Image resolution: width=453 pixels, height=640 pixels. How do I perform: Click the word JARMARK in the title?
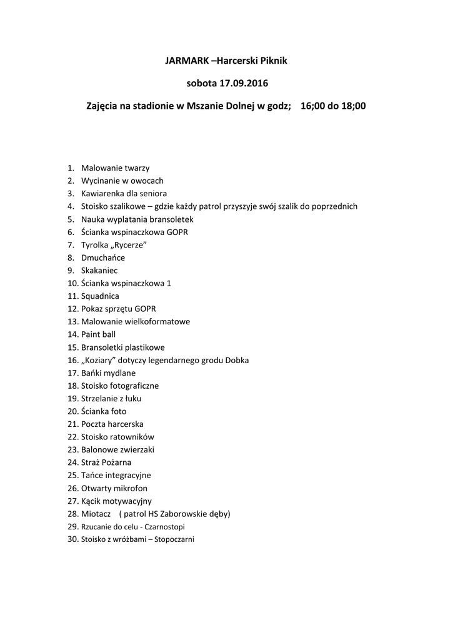(x=186, y=61)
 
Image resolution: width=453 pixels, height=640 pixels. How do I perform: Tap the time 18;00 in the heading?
(x=351, y=106)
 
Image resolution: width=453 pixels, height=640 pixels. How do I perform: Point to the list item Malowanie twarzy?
(x=115, y=168)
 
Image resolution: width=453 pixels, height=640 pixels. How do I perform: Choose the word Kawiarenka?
(x=104, y=194)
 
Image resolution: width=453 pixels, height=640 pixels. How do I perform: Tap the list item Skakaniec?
(x=99, y=271)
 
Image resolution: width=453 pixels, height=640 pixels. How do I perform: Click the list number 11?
(x=72, y=296)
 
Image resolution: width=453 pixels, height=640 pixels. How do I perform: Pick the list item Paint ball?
(x=98, y=334)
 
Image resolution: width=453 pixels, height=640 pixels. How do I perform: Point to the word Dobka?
(x=237, y=360)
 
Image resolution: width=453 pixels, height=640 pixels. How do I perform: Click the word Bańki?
(x=92, y=373)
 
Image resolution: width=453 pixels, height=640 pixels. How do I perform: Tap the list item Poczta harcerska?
(x=112, y=424)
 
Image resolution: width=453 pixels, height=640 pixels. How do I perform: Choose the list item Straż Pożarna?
(x=106, y=462)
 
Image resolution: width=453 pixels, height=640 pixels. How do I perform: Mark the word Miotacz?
(x=96, y=514)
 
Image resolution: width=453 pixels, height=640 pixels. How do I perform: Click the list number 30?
(x=72, y=539)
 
